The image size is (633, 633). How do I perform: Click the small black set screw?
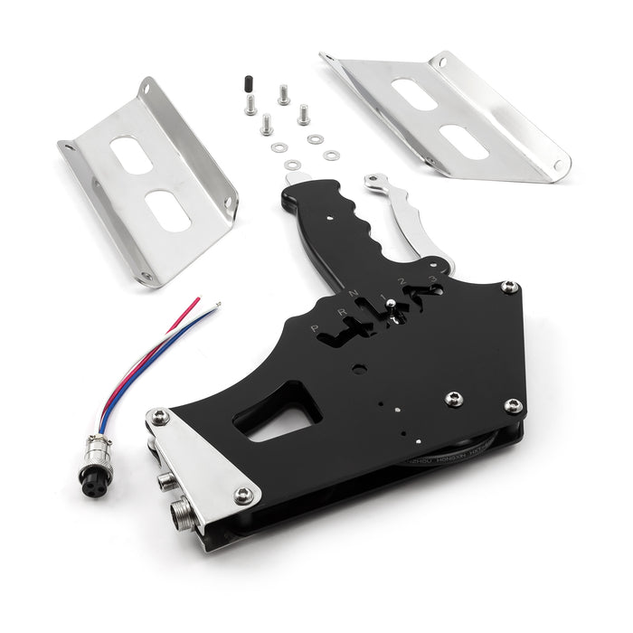(x=245, y=84)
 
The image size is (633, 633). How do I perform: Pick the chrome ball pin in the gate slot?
(x=390, y=306)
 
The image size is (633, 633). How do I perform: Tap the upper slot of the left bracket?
(x=132, y=155)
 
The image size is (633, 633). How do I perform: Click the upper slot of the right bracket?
(x=415, y=94)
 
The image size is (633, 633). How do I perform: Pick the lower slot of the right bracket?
(x=465, y=141)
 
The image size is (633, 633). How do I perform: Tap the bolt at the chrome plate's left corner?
(x=160, y=417)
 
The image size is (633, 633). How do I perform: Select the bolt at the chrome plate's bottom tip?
(x=243, y=495)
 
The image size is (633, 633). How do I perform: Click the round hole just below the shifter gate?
(x=360, y=369)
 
